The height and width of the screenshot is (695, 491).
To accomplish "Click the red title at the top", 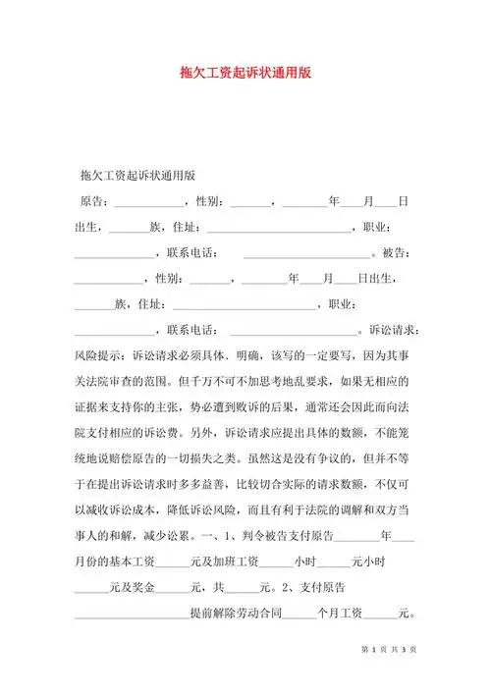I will click(x=245, y=73).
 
